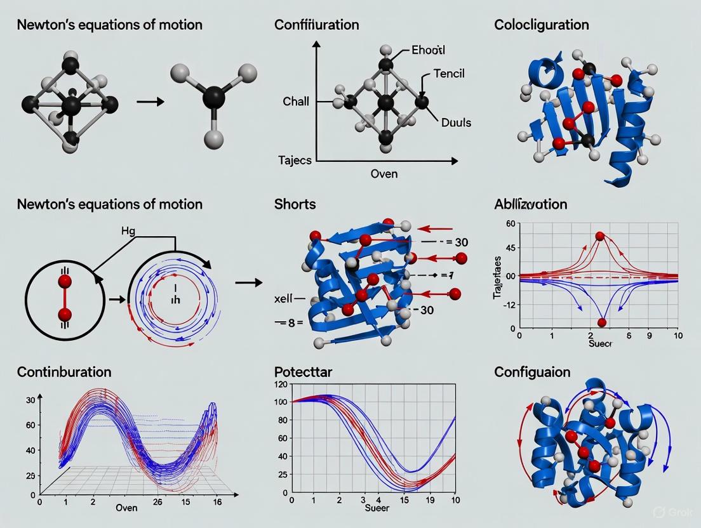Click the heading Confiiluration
click(316, 25)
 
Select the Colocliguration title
click(541, 25)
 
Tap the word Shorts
click(295, 204)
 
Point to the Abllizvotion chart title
click(530, 204)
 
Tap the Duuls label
click(456, 122)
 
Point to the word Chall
click(295, 102)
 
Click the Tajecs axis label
click(295, 160)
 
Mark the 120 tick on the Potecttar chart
click(280, 385)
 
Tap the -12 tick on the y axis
click(507, 305)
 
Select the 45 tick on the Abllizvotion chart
click(509, 248)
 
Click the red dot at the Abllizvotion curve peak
click(599, 236)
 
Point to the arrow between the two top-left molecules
click(147, 102)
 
